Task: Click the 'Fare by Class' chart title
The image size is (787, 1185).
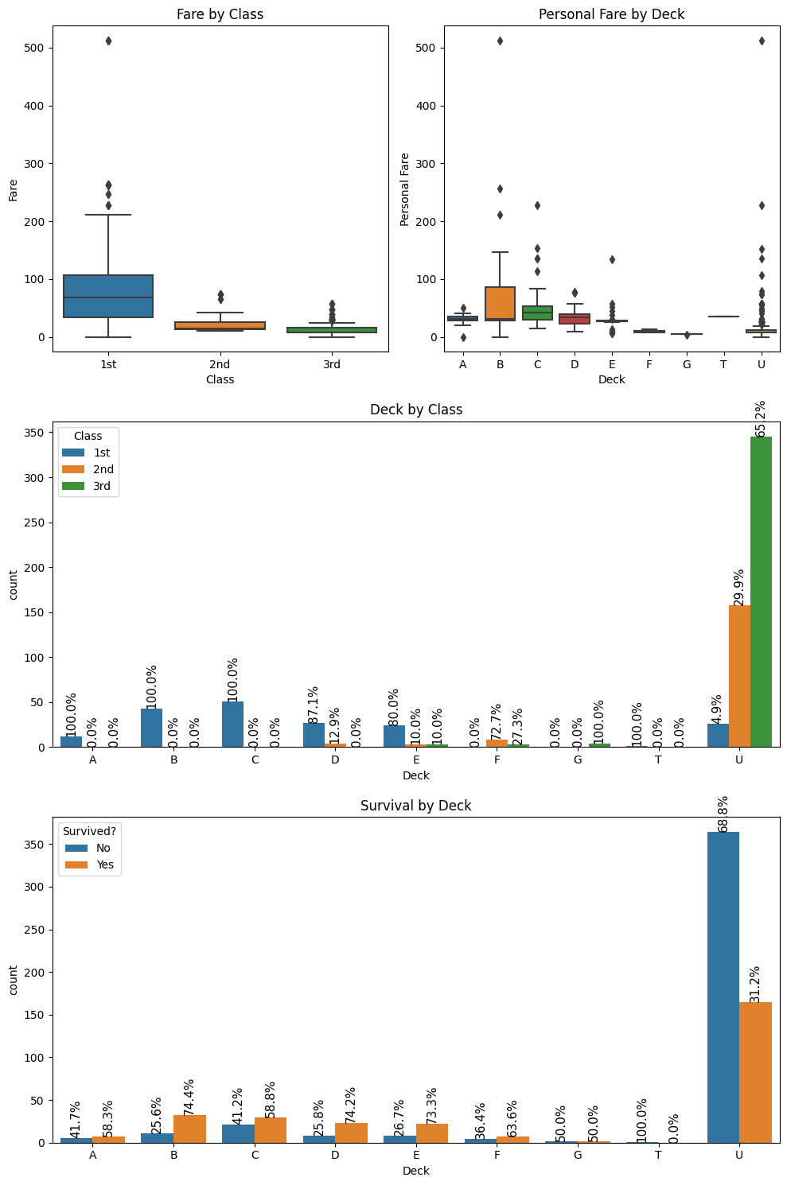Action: [x=220, y=14]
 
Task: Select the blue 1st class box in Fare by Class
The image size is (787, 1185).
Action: [x=108, y=296]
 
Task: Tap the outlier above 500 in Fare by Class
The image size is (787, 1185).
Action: [x=108, y=41]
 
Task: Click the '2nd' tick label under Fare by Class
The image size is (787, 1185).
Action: [x=220, y=364]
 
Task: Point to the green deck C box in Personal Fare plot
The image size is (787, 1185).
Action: [x=537, y=313]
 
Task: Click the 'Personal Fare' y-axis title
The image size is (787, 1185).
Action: [x=405, y=189]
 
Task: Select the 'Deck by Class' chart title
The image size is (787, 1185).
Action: [x=416, y=410]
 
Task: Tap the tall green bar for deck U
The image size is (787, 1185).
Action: [x=761, y=592]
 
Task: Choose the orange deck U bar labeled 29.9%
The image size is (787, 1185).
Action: [x=739, y=676]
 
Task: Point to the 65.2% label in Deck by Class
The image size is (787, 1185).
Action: [x=761, y=418]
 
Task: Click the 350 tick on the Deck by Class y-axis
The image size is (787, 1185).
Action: [x=37, y=433]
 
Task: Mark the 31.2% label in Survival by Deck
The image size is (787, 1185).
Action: [x=755, y=984]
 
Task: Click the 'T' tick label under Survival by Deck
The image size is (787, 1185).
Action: [x=658, y=1155]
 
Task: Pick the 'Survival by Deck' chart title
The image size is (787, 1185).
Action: [x=416, y=806]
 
